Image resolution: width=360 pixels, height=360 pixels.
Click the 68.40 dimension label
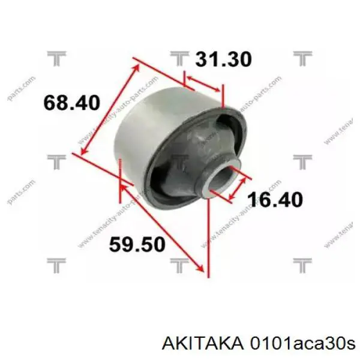point(71,103)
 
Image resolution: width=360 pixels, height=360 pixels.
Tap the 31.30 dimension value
point(223,59)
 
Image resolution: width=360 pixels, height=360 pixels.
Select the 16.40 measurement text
point(277,199)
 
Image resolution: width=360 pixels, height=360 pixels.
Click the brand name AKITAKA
point(205,343)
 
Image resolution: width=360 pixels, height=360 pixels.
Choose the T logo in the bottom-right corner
point(302,264)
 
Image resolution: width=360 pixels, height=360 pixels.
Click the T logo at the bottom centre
point(179,264)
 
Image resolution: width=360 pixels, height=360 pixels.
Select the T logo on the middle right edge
point(302,161)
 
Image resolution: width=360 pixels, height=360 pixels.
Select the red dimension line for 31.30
point(204,84)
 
